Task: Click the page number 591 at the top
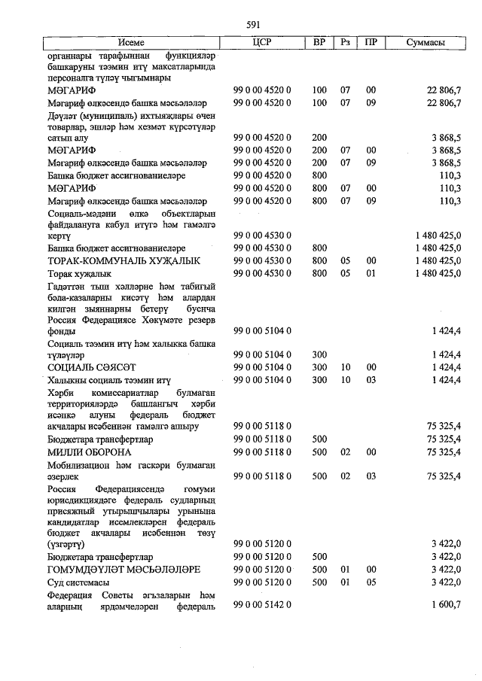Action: (253, 24)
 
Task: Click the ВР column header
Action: (319, 43)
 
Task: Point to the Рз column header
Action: (346, 43)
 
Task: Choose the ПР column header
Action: (371, 43)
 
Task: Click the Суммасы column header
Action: (426, 43)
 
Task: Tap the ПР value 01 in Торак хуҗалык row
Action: (371, 273)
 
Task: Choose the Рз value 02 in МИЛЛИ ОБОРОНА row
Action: (346, 452)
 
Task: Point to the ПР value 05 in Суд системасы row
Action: (371, 582)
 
